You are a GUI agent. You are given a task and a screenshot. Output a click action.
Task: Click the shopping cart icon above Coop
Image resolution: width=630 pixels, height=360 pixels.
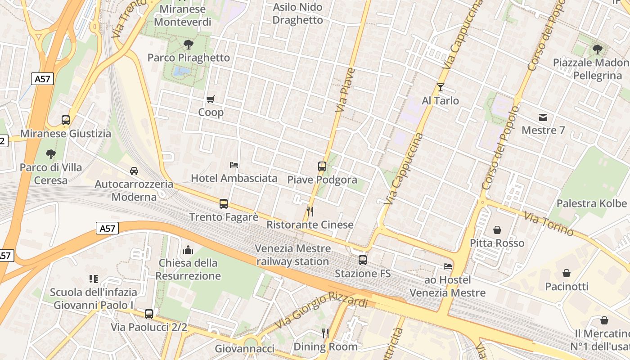(210, 99)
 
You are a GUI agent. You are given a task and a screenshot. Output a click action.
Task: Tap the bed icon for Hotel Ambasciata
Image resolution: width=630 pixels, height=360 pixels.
(234, 165)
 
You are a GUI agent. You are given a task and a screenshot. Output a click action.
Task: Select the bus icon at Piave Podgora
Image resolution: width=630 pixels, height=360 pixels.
(322, 166)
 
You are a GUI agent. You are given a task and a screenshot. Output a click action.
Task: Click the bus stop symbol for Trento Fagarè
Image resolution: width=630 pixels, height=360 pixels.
(224, 203)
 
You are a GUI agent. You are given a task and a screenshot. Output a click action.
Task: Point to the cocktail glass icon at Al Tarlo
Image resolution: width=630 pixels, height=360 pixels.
(440, 87)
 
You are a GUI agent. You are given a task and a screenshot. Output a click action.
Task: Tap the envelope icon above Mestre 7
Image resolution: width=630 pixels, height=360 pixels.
(543, 117)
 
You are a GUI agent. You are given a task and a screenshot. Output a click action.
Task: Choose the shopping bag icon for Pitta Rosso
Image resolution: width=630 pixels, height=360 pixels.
(497, 230)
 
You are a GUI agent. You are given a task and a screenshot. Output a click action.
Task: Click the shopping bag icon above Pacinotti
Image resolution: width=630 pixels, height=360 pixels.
(567, 273)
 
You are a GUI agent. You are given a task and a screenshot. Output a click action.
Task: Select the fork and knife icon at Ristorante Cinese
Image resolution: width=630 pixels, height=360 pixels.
(310, 211)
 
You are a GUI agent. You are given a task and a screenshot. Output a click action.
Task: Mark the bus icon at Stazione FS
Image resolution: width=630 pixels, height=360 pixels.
(363, 260)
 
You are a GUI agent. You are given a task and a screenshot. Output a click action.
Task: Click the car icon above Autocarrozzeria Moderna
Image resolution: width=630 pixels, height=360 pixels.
(134, 171)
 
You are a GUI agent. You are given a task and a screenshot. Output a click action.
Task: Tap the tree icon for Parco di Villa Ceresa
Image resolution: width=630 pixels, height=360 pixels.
(51, 154)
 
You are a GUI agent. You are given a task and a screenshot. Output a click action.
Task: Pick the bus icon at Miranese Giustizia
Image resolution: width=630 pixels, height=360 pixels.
(66, 120)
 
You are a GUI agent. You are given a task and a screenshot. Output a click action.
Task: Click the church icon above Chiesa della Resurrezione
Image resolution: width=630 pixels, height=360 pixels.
(188, 249)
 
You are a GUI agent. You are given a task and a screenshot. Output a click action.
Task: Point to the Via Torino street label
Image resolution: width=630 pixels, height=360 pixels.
(549, 224)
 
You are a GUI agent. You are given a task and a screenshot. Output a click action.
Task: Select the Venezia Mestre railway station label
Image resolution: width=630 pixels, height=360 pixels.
(293, 255)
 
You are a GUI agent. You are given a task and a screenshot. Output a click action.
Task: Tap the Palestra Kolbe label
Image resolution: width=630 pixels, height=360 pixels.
(592, 203)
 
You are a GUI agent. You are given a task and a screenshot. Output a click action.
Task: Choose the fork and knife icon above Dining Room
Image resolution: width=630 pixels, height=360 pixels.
(325, 333)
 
